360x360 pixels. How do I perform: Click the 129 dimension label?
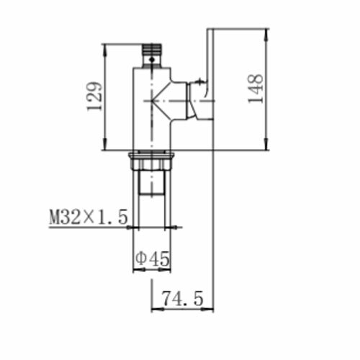(94, 96)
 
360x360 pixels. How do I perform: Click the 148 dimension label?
(256, 89)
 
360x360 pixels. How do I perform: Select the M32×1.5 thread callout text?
(89, 217)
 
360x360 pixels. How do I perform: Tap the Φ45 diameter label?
(153, 258)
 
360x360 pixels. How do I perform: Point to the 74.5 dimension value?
(183, 298)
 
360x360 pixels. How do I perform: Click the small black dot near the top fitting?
(152, 59)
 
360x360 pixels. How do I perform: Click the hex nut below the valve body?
(152, 161)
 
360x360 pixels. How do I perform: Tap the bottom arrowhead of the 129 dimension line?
(105, 144)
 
